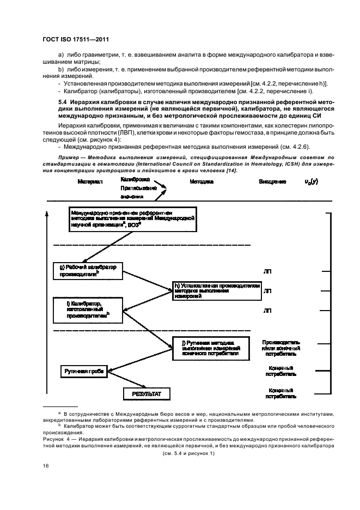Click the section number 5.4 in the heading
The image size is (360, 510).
pos(64,101)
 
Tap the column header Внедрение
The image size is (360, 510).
pos(272,181)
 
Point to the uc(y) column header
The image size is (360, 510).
pos(313,181)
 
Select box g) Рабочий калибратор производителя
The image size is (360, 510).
pos(88,271)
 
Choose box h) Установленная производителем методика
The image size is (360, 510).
pos(217,291)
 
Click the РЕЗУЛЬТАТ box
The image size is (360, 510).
pos(143,393)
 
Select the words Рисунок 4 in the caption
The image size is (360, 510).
pos(57,437)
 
